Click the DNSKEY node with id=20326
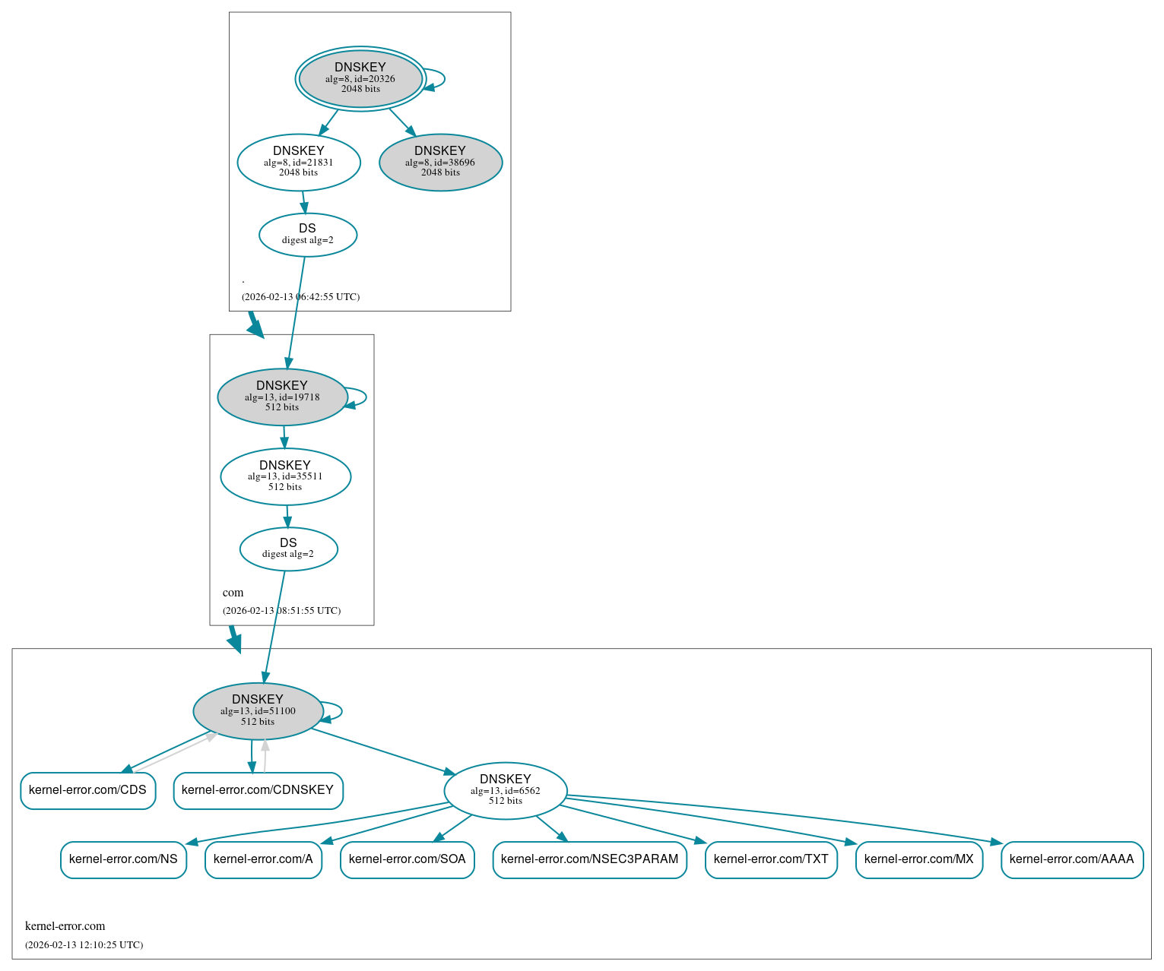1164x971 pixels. pyautogui.click(x=360, y=78)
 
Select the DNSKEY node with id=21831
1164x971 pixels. pyautogui.click(x=299, y=162)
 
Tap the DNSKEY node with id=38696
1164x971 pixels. pyautogui.click(x=440, y=162)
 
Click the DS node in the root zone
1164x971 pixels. pyautogui.click(x=308, y=235)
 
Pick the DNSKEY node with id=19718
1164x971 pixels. pyautogui.click(x=282, y=397)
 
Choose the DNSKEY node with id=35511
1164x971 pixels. pyautogui.click(x=285, y=476)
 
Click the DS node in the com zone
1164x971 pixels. pyautogui.click(x=288, y=549)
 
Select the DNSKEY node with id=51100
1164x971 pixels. pyautogui.click(x=258, y=711)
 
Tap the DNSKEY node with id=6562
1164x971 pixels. pyautogui.click(x=506, y=791)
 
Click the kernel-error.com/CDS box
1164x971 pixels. pyautogui.click(x=87, y=790)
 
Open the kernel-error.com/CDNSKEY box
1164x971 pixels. pyautogui.click(x=258, y=790)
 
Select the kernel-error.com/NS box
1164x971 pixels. pyautogui.click(x=123, y=859)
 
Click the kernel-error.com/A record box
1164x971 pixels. pyautogui.click(x=263, y=859)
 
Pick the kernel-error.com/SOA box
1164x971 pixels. pyautogui.click(x=408, y=859)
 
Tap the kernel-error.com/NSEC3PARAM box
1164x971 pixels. pyautogui.click(x=589, y=859)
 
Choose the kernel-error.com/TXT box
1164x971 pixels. pyautogui.click(x=771, y=859)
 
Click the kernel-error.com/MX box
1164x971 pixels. pyautogui.click(x=919, y=859)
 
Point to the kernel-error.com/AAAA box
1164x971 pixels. pyautogui.click(x=1072, y=859)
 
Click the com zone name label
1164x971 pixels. pyautogui.click(x=233, y=593)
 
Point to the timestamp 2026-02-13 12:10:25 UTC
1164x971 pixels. pyautogui.click(x=84, y=945)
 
